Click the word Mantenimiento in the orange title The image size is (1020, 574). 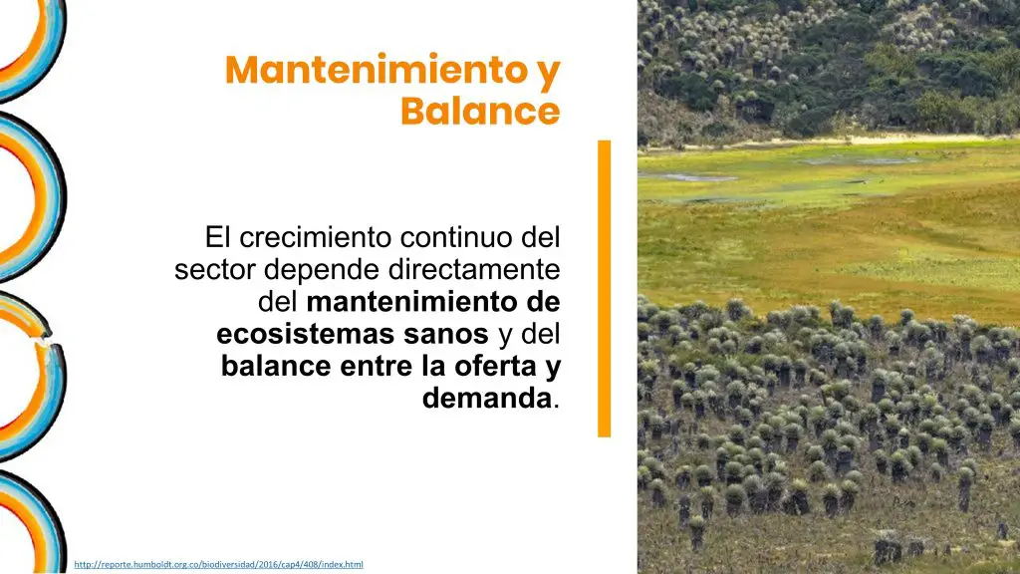(x=377, y=70)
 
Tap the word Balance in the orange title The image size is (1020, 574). (x=480, y=110)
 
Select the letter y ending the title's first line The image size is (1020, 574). (x=549, y=74)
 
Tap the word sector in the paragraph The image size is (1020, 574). (x=215, y=269)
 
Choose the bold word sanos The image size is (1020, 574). (x=445, y=335)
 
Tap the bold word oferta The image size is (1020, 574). (x=494, y=366)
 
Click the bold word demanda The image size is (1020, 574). (x=486, y=398)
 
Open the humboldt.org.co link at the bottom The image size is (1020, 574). (x=218, y=564)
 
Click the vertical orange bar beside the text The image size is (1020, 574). (x=604, y=288)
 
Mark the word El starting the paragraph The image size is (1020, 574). (x=218, y=237)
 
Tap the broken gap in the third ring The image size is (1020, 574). (x=44, y=339)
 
